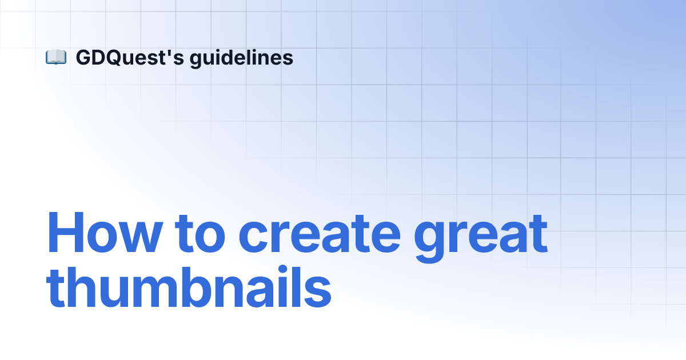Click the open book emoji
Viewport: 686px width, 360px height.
pyautogui.click(x=56, y=57)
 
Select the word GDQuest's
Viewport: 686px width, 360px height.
pyautogui.click(x=130, y=58)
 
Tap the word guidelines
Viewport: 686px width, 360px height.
pyautogui.click(x=241, y=58)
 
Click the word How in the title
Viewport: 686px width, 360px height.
pyautogui.click(x=105, y=233)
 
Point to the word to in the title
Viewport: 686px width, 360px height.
pyautogui.click(x=200, y=234)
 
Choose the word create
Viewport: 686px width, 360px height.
pyautogui.click(x=320, y=234)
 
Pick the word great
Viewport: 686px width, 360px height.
pyautogui.click(x=481, y=239)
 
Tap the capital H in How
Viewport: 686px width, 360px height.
pyautogui.click(x=66, y=233)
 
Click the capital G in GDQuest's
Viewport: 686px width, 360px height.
pyautogui.click(x=83, y=58)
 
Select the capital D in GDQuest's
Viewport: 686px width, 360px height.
pyautogui.click(x=99, y=58)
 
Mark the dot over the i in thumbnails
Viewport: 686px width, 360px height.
pyautogui.click(x=283, y=270)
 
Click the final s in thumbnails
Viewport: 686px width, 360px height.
pyautogui.click(x=317, y=292)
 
